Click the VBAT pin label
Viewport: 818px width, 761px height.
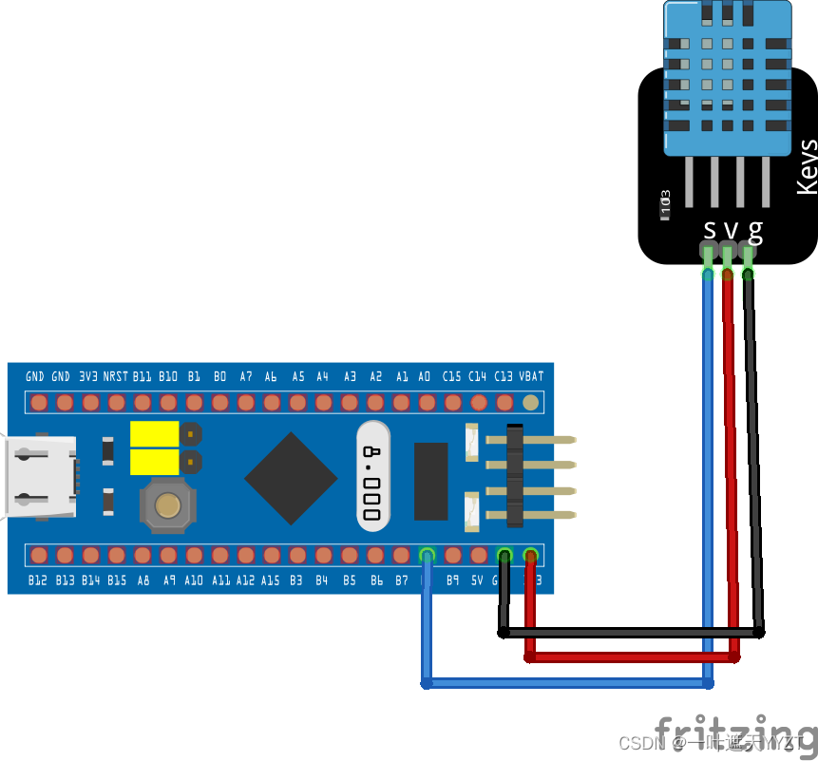point(531,376)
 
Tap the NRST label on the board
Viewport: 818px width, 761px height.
point(116,376)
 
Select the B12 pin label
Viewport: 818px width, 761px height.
point(37,580)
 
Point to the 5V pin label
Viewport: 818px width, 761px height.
point(477,580)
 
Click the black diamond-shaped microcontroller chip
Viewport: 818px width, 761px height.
point(291,479)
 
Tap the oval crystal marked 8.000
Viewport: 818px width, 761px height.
point(373,477)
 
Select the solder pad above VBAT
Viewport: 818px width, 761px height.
point(531,403)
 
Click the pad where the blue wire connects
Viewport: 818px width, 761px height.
point(427,555)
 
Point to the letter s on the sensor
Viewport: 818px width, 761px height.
point(709,230)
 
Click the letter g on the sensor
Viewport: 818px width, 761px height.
point(755,231)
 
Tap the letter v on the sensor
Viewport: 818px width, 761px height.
point(731,231)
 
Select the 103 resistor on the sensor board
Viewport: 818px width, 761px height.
point(665,202)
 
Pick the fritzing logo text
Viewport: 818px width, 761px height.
point(735,732)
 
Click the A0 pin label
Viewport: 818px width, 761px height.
point(425,376)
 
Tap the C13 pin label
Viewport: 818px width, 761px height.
point(504,376)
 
